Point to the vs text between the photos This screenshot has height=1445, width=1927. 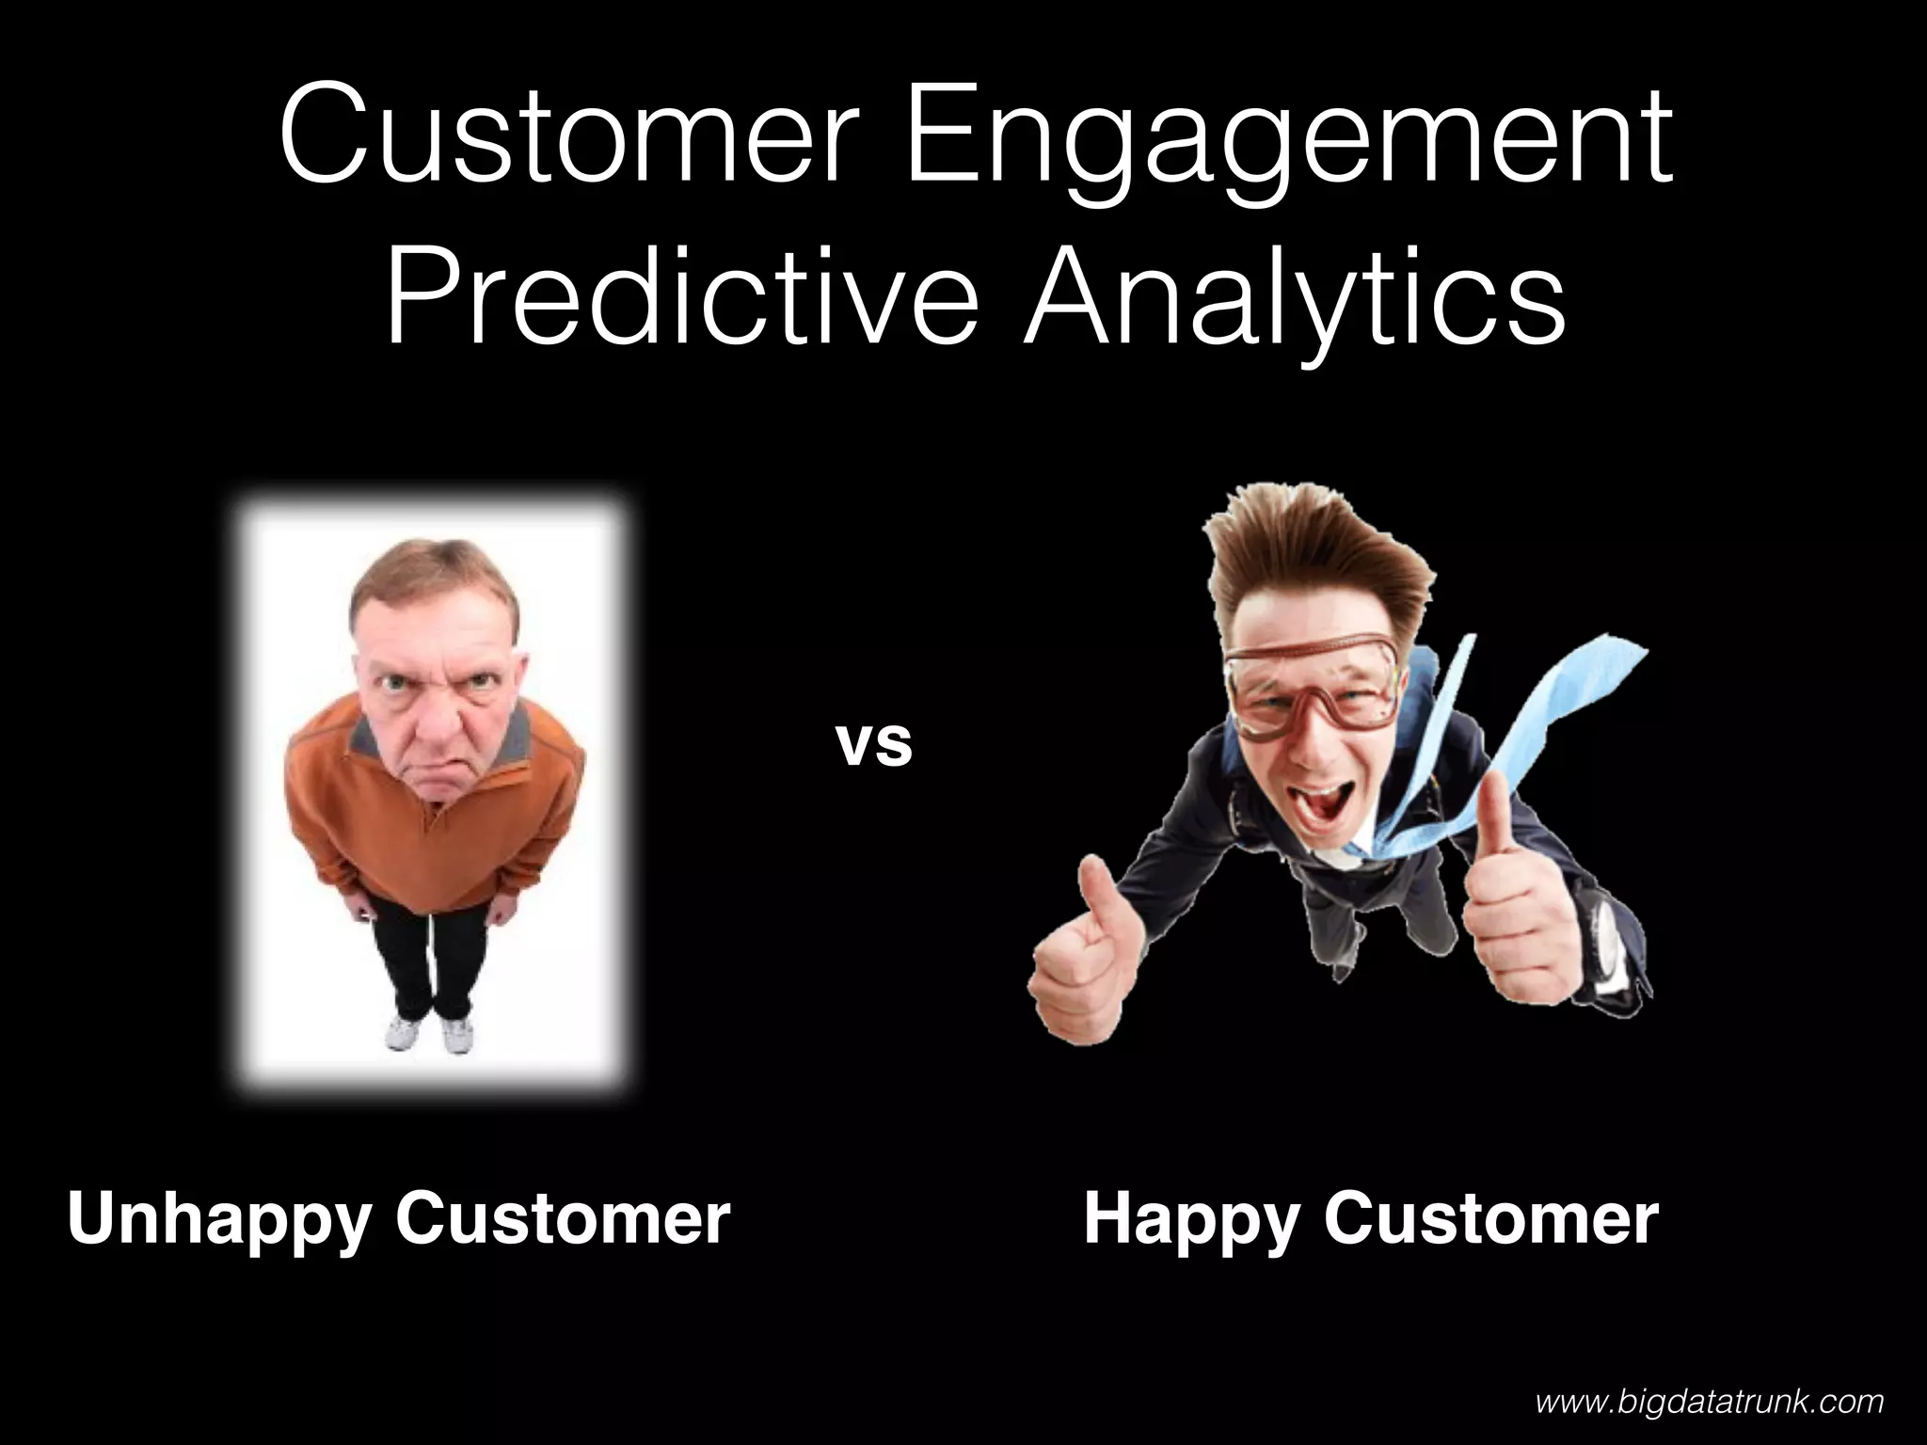pos(874,744)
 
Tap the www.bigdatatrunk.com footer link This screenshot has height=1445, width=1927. pos(1710,1402)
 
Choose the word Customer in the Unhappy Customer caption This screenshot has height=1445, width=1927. pos(562,1220)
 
